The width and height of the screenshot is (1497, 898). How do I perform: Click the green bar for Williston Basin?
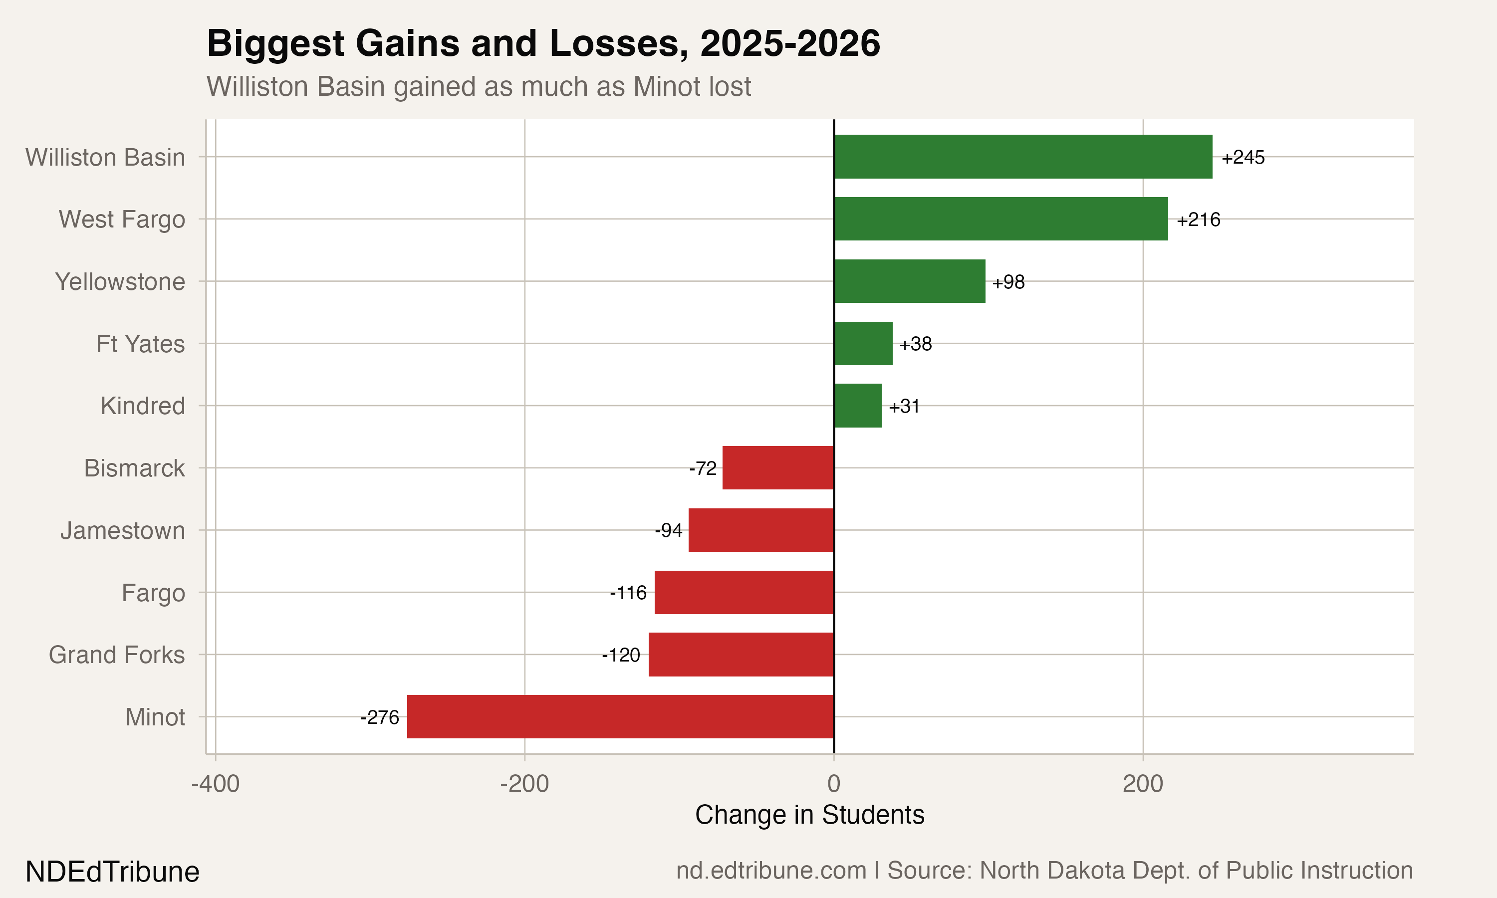[1022, 157]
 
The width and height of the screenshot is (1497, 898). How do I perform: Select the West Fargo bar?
[1000, 219]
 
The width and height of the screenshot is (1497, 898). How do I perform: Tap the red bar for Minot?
[620, 716]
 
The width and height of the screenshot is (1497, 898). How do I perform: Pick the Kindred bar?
[857, 406]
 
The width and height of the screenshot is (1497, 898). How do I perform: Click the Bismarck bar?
[778, 468]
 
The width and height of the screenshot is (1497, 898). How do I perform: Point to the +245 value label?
[1243, 157]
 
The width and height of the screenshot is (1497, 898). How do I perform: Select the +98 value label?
[1008, 282]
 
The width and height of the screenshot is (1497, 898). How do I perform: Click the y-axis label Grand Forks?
[117, 655]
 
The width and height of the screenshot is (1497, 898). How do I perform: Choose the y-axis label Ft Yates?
[140, 344]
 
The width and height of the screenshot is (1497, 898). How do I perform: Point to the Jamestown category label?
[123, 531]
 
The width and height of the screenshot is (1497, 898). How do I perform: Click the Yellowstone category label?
[120, 282]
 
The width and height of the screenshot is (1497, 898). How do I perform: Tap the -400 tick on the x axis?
[216, 784]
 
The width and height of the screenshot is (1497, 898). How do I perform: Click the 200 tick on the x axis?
[1142, 784]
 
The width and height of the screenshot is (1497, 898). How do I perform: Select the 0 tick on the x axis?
[834, 784]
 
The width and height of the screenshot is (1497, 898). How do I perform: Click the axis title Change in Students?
[809, 815]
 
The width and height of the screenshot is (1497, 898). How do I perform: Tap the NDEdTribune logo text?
[113, 872]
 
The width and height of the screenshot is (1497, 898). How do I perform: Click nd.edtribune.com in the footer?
[771, 871]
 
